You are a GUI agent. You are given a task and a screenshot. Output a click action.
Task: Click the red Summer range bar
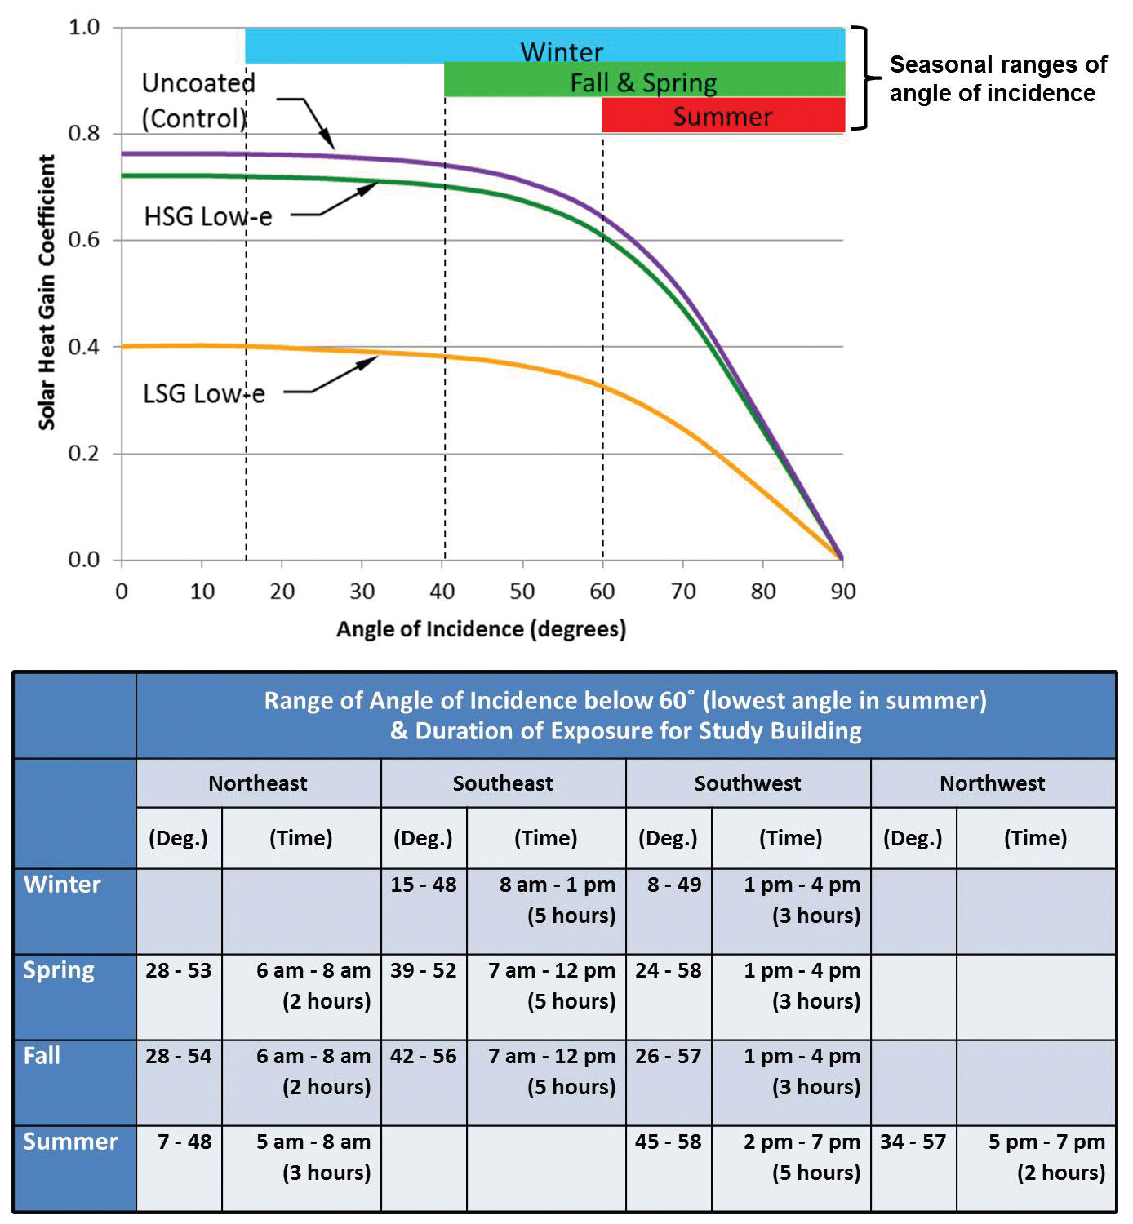click(722, 115)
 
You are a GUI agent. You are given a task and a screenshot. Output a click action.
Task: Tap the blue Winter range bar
click(545, 46)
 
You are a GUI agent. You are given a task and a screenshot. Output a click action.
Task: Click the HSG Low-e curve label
click(208, 217)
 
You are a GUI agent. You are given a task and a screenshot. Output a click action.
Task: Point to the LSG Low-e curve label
click(204, 394)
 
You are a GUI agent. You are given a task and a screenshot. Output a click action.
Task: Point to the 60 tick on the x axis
click(602, 592)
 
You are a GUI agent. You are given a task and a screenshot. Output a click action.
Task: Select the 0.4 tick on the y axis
click(84, 347)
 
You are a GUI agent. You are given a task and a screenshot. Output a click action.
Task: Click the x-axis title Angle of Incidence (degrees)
click(481, 629)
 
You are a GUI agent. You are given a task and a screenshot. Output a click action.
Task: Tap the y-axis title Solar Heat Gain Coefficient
click(47, 292)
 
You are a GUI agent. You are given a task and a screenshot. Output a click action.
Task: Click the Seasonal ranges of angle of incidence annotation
click(997, 78)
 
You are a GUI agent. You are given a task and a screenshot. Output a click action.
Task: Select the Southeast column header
click(503, 783)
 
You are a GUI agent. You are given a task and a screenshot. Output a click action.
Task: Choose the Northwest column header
click(992, 783)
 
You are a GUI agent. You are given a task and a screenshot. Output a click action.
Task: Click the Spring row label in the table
click(59, 970)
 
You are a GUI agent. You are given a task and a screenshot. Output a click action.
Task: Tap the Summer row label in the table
click(70, 1142)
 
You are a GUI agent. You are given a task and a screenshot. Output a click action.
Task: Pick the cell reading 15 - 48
click(423, 885)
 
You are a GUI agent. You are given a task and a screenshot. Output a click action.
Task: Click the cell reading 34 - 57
click(913, 1142)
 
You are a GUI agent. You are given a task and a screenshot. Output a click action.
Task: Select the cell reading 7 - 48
click(184, 1142)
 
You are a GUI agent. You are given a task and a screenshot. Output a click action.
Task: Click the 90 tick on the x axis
click(843, 592)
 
